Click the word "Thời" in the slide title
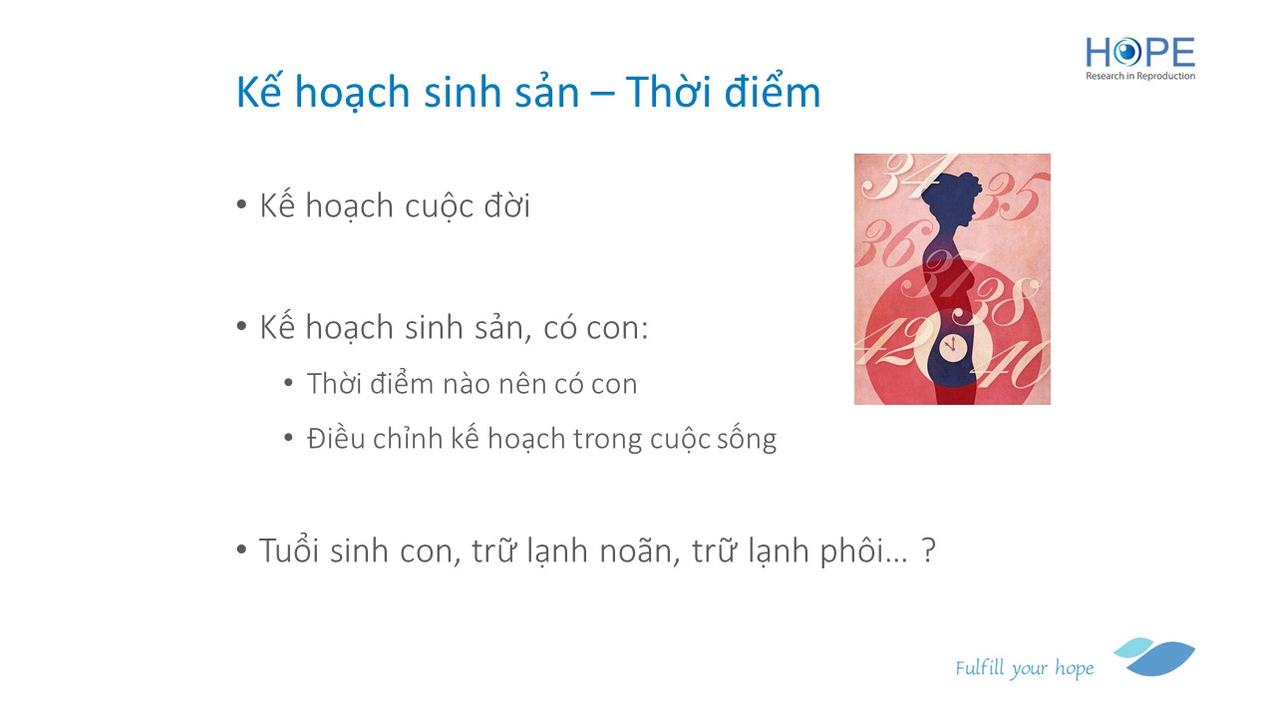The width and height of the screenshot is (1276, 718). (668, 91)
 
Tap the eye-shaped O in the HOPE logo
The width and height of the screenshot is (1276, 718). (1126, 52)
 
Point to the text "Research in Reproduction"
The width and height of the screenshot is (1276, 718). (1139, 76)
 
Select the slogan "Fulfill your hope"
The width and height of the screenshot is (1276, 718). (1024, 668)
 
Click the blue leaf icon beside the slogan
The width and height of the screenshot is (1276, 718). (1155, 656)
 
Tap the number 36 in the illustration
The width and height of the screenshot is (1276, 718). (892, 244)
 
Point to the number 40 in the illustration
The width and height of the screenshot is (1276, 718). (1015, 365)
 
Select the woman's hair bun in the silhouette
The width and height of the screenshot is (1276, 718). (969, 181)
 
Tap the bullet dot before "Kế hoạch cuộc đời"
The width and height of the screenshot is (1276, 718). (241, 204)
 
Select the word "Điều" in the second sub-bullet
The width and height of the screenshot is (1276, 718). (336, 438)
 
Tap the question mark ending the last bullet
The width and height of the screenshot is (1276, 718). (928, 549)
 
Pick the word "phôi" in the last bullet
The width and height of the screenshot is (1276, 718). (851, 551)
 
